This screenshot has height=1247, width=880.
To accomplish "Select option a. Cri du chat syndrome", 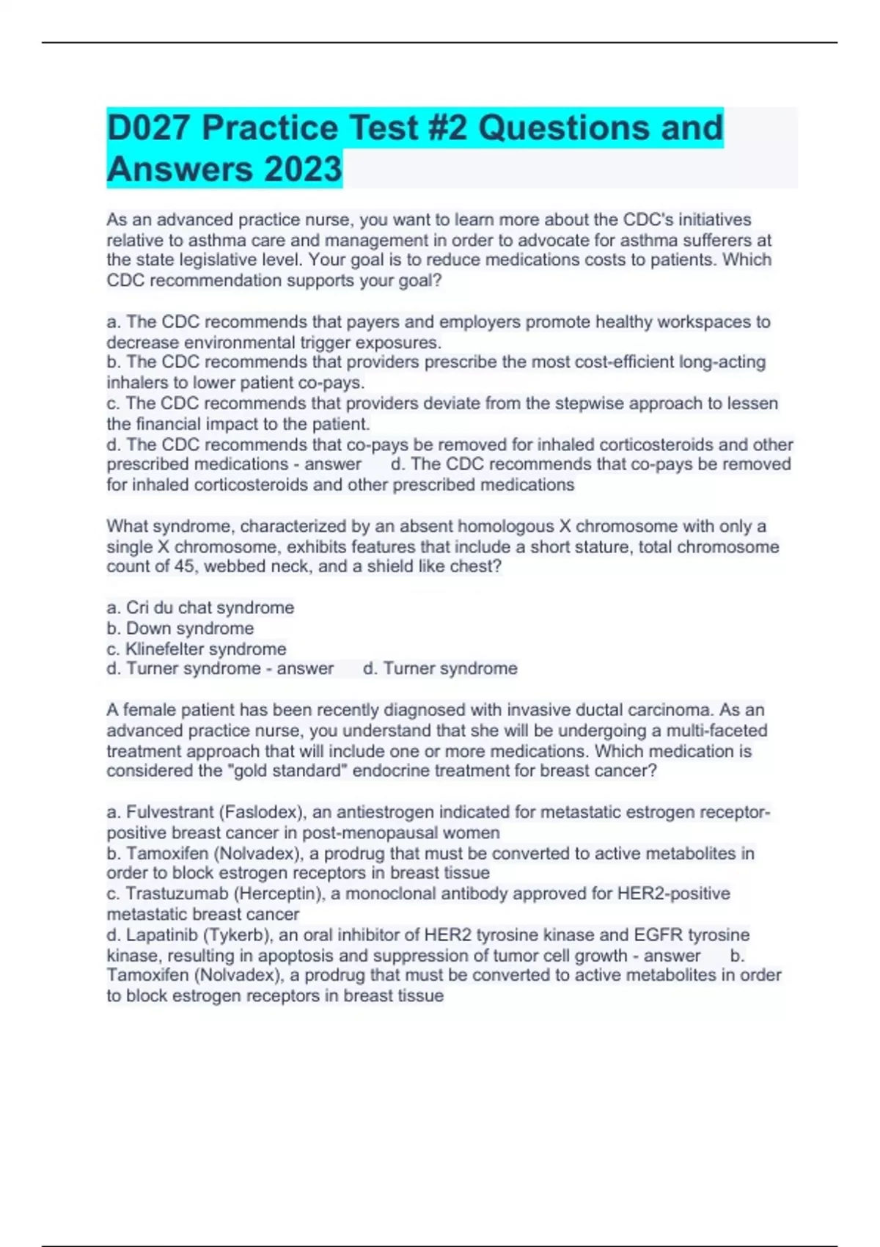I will coord(200,608).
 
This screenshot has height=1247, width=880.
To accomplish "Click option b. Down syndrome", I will coord(180,629).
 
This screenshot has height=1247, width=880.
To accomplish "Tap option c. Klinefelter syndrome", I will coord(197,649).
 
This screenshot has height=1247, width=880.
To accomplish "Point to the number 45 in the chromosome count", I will coord(184,566).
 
